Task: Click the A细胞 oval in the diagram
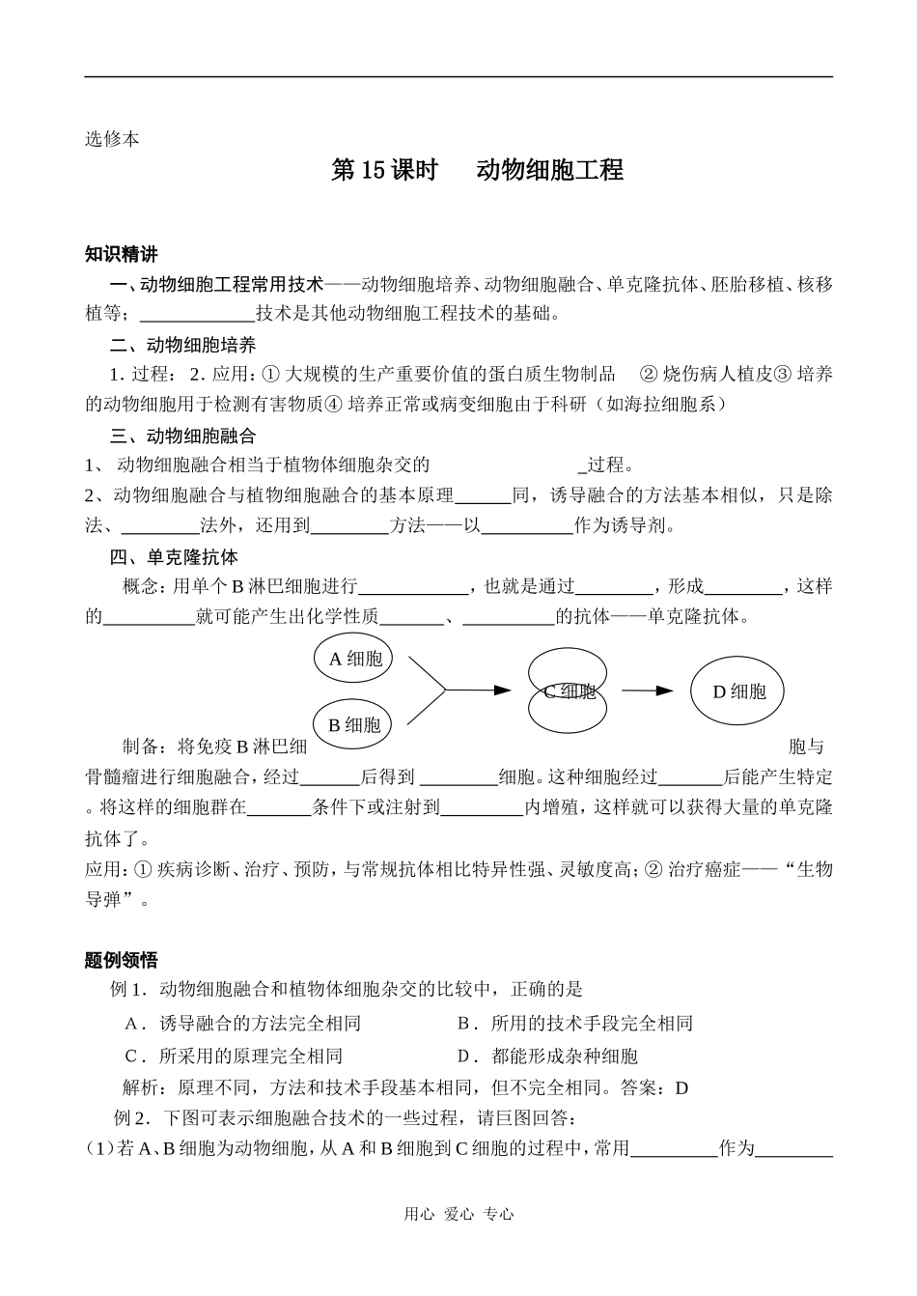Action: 354,659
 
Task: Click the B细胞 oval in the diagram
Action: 354,724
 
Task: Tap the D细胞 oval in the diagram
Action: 738,690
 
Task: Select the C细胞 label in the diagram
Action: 569,690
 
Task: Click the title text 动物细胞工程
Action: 550,170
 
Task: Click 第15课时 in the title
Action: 384,170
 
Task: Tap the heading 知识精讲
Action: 121,255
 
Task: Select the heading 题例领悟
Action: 121,960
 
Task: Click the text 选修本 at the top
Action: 112,139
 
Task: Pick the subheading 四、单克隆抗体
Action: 174,557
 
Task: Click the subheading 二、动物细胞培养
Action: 182,345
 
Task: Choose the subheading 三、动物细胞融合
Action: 182,437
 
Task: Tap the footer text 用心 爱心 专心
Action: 458,1214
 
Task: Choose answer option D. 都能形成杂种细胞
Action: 548,1057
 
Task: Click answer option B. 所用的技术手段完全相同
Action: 575,1024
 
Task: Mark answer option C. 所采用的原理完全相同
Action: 235,1057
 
